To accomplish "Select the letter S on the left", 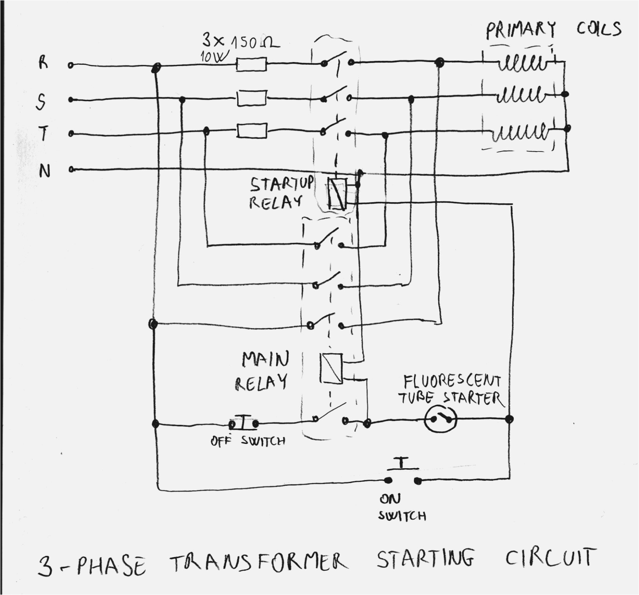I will tap(41, 101).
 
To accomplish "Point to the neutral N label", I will tap(45, 171).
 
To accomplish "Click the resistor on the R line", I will tap(251, 64).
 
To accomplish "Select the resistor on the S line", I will tap(252, 98).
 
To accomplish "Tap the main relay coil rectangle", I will tap(331, 368).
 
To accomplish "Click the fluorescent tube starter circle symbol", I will tap(441, 419).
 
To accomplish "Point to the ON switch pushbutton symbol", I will tap(402, 475).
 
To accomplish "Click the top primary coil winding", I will tap(522, 63).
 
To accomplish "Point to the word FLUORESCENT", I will tap(452, 381).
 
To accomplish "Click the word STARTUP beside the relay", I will tap(282, 184).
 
